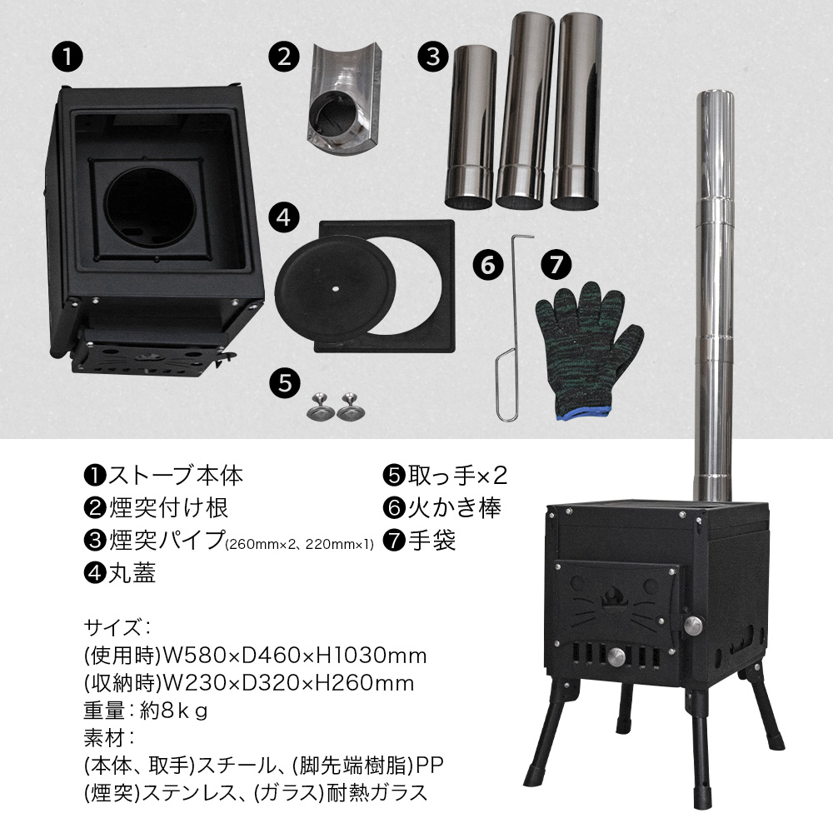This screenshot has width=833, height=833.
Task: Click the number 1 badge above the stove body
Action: [x=67, y=58]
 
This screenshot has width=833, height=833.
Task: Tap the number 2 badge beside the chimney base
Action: [x=284, y=57]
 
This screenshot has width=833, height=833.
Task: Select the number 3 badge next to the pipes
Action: [x=431, y=57]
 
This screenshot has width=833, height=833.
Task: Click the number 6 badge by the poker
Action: [x=488, y=267]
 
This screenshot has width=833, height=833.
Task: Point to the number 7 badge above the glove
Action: [x=556, y=267]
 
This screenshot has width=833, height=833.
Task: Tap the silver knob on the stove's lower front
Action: [x=618, y=655]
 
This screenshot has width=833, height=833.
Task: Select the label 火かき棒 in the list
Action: [x=454, y=507]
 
